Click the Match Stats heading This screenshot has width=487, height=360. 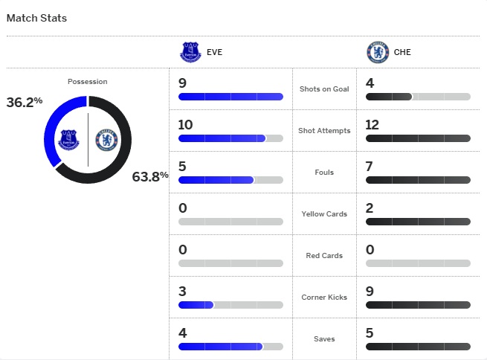(37, 18)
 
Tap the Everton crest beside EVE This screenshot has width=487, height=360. (191, 52)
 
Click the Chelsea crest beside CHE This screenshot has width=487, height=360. (378, 52)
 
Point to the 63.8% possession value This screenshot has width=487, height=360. (150, 176)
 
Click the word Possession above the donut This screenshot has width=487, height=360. (87, 82)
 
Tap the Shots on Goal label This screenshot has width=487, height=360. (324, 89)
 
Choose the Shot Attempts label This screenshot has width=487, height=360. (324, 131)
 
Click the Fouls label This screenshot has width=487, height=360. (324, 173)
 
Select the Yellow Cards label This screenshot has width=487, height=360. (324, 214)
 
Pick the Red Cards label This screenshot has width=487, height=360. (324, 256)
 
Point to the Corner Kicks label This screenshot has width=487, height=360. (324, 298)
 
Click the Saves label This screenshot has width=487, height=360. (324, 339)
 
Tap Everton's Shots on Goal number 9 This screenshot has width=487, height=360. (183, 83)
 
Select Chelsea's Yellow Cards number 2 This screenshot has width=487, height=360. (370, 208)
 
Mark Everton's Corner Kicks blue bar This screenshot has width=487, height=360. (196, 305)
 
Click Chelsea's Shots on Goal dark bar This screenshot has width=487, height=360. (389, 97)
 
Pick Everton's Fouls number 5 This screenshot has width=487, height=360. (183, 166)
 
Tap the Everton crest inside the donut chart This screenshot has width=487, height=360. (68, 139)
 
